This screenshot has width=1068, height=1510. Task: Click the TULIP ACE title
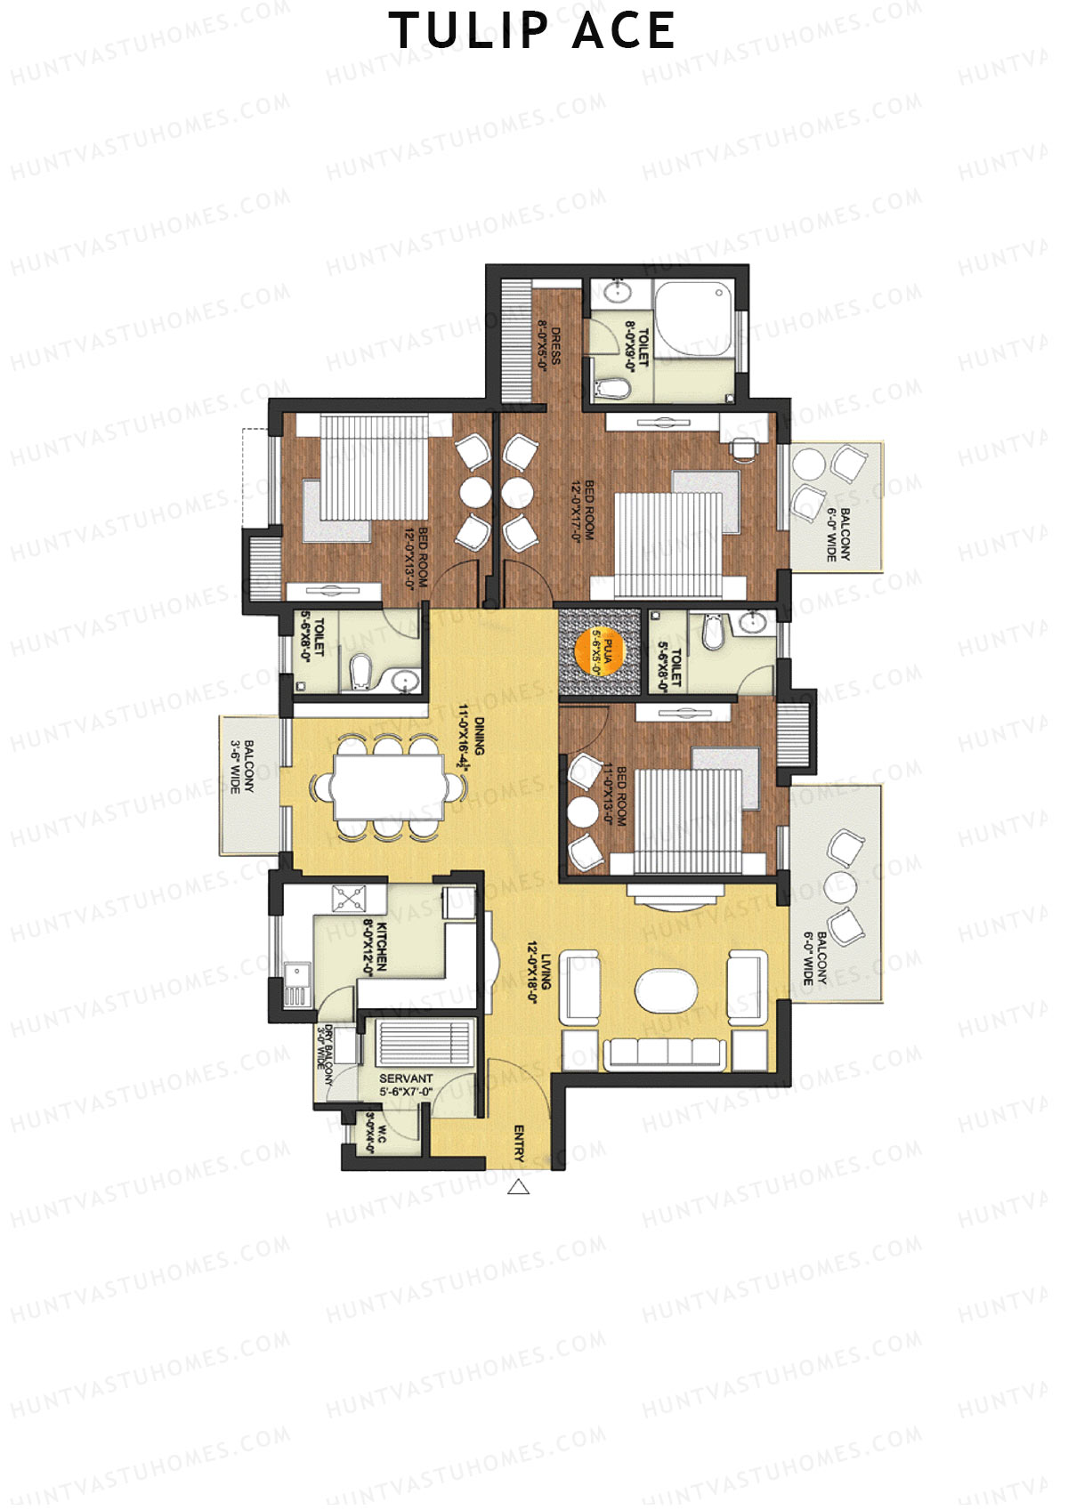[532, 32]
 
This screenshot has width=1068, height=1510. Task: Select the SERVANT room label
[406, 1078]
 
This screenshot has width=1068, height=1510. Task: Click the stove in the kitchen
[350, 899]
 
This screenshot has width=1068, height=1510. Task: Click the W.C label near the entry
[376, 1135]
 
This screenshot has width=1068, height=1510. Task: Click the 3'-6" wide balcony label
[243, 765]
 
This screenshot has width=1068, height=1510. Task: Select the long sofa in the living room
[663, 1053]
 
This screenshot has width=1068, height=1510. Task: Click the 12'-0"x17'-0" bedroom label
[582, 511]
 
